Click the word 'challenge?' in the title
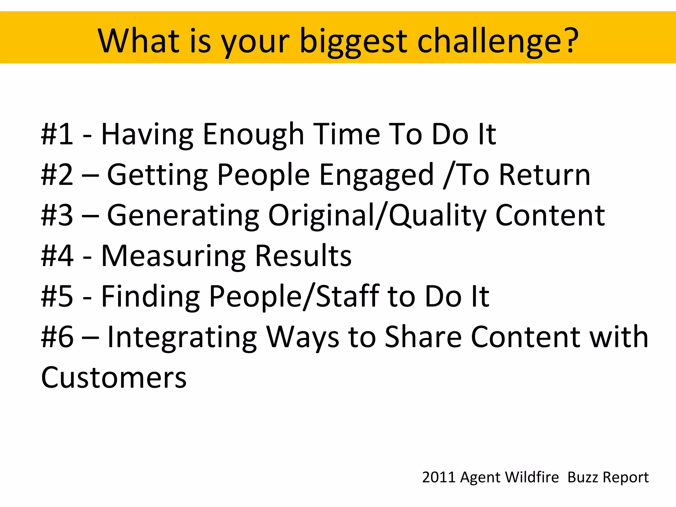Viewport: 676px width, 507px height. pos(498,41)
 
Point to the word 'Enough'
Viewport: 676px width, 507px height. pos(253,135)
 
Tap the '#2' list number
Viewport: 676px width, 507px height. pos(57,175)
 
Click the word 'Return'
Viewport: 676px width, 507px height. pos(544,175)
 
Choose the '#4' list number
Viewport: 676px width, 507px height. pos(57,256)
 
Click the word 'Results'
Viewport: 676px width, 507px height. pos(303,256)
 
